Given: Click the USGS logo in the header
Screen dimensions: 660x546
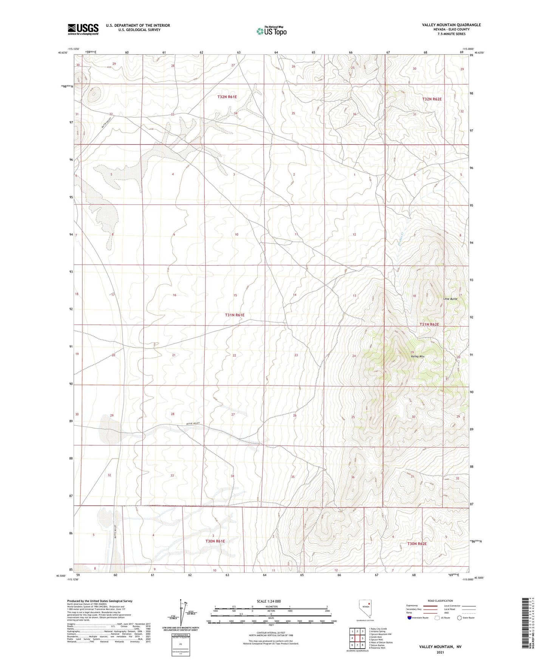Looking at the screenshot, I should tap(83, 29).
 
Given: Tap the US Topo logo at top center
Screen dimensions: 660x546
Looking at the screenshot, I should tap(271, 31).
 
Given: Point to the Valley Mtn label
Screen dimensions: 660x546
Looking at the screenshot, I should tap(418, 356).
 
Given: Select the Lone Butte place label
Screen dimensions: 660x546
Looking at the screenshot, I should tap(450, 299).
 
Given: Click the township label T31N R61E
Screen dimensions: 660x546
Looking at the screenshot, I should tap(235, 315).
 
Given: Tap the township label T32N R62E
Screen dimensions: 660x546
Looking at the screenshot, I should tap(432, 99).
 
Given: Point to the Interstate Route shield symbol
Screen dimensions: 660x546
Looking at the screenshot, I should tap(410, 618).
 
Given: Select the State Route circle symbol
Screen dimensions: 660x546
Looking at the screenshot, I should tap(459, 618).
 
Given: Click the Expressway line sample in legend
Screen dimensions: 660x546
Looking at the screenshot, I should tap(430, 606).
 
